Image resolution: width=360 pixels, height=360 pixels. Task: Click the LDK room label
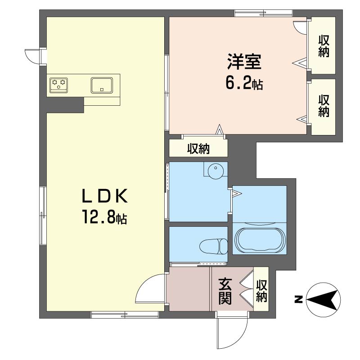105,196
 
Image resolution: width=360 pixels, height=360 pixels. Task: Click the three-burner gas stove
59,85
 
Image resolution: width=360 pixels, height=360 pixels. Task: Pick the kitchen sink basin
102,85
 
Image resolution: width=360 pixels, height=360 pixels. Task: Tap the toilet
213,246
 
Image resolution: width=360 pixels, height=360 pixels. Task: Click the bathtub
260,240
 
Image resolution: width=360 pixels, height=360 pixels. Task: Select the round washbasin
216,171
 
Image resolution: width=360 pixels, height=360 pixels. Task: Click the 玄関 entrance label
225,291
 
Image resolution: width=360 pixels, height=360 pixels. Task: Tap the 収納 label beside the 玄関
261,291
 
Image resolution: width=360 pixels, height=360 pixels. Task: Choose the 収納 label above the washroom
198,149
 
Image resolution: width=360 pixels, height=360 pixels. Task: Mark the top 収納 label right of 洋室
324,46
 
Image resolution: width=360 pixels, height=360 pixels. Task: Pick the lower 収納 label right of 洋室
324,106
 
